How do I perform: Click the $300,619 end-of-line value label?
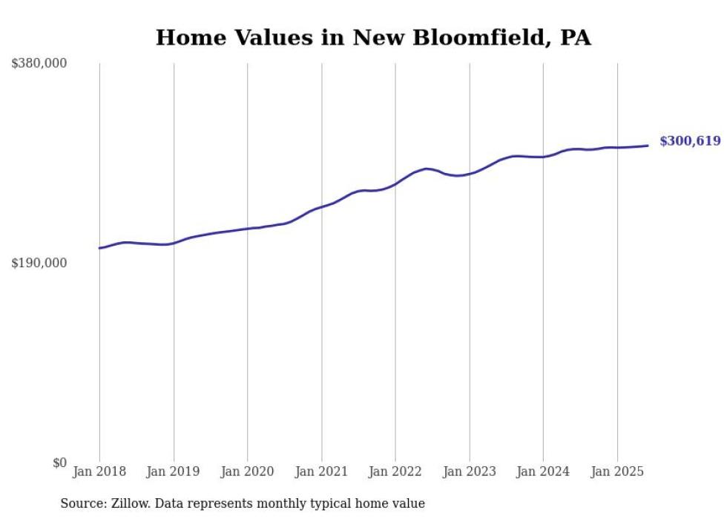[689, 141]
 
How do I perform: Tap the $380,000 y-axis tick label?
[39, 64]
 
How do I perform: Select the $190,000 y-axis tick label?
[39, 263]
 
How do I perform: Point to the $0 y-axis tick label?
[59, 463]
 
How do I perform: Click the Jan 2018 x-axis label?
[99, 471]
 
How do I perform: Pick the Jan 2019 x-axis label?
[174, 471]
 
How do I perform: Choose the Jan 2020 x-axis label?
[247, 471]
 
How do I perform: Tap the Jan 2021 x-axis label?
[321, 471]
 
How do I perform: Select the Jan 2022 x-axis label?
[395, 471]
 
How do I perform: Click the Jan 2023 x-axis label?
[469, 471]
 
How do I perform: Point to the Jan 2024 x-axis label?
[543, 471]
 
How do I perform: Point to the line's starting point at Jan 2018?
[99, 248]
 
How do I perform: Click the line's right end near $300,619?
[648, 146]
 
